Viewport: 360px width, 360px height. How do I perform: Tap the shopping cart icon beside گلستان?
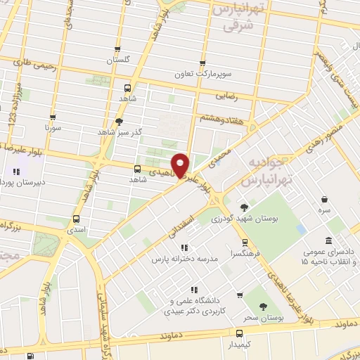117,51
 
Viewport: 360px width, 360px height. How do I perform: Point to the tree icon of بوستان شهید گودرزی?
243,207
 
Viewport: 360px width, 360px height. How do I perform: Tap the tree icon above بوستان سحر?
262,307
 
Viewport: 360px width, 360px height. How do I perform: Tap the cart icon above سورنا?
53,117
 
